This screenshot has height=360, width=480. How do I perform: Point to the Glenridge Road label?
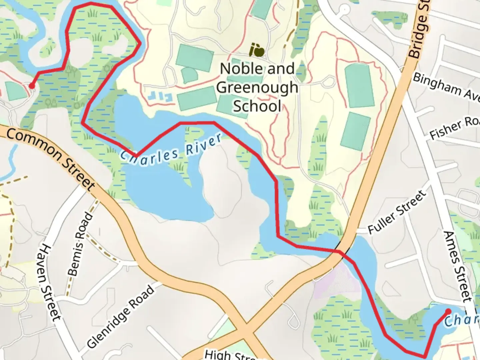(x=121, y=317)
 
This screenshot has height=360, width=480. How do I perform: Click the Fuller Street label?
(x=397, y=212)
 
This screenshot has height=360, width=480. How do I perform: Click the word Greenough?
(x=257, y=87)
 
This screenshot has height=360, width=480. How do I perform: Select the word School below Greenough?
(x=257, y=106)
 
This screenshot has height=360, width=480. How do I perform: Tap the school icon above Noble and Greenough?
(x=257, y=51)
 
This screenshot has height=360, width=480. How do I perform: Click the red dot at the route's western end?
(x=32, y=86)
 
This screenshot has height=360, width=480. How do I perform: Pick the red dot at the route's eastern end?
(x=448, y=312)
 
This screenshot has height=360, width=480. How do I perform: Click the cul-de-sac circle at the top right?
(x=344, y=9)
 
